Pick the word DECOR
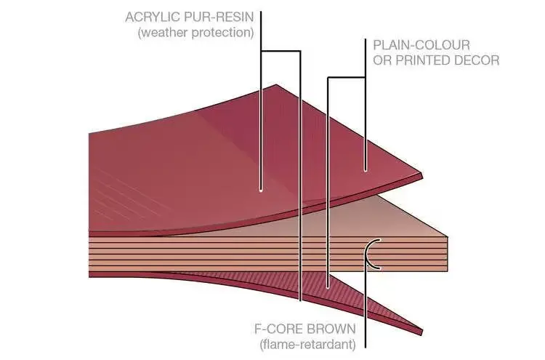point(477,60)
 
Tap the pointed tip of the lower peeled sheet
point(421,332)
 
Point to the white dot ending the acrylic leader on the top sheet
point(261,191)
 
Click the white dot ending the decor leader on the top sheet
point(366,170)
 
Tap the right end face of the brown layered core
point(437,255)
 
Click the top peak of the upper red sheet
point(275,86)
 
